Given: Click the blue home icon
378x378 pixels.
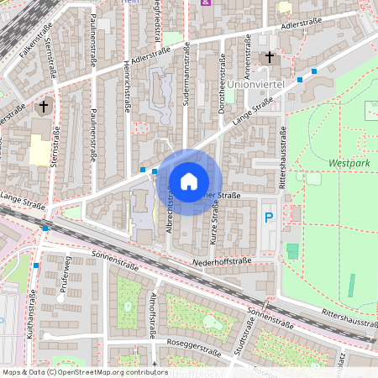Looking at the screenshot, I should [x=188, y=181].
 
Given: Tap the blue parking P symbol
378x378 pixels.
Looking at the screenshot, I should [x=269, y=218].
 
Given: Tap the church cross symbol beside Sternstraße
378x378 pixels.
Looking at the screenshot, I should [x=44, y=107].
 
